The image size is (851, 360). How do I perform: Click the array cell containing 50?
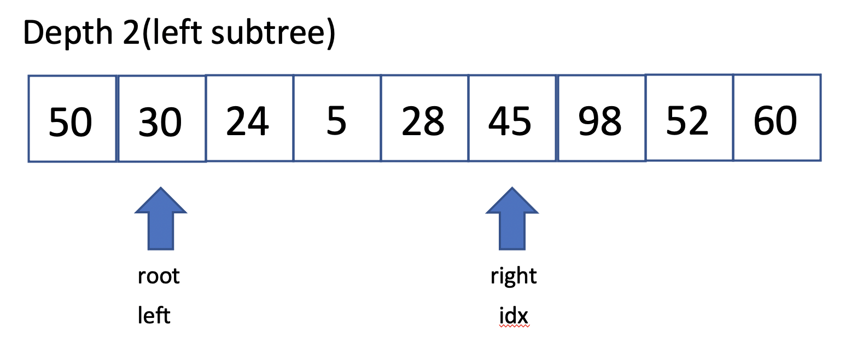click(72, 119)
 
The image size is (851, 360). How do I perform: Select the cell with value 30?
click(162, 119)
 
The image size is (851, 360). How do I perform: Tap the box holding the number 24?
click(249, 118)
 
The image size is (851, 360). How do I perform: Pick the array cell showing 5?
click(337, 118)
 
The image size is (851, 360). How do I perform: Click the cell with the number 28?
click(425, 118)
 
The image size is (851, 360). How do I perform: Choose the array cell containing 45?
click(512, 118)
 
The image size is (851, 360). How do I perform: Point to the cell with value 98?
click(602, 118)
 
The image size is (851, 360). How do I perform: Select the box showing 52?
click(689, 118)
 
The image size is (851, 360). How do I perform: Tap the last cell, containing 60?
click(777, 118)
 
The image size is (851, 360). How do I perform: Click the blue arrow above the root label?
click(161, 219)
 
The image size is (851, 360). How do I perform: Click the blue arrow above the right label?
click(512, 219)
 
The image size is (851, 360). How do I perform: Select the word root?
click(159, 276)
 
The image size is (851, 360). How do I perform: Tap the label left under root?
click(154, 315)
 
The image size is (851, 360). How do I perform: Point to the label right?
click(514, 276)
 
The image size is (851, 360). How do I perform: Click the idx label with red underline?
click(514, 316)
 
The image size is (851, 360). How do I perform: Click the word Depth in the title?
click(68, 33)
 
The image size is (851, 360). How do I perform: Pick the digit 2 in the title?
click(131, 33)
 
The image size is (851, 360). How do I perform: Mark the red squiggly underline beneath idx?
click(514, 326)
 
